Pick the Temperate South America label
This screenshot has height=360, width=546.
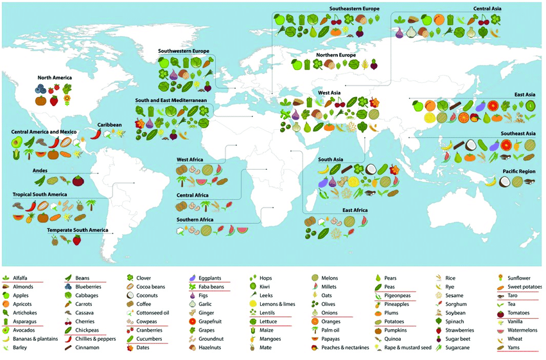point(77,230)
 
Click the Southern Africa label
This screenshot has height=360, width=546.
point(195,220)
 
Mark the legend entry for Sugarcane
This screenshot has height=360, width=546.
point(459,348)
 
